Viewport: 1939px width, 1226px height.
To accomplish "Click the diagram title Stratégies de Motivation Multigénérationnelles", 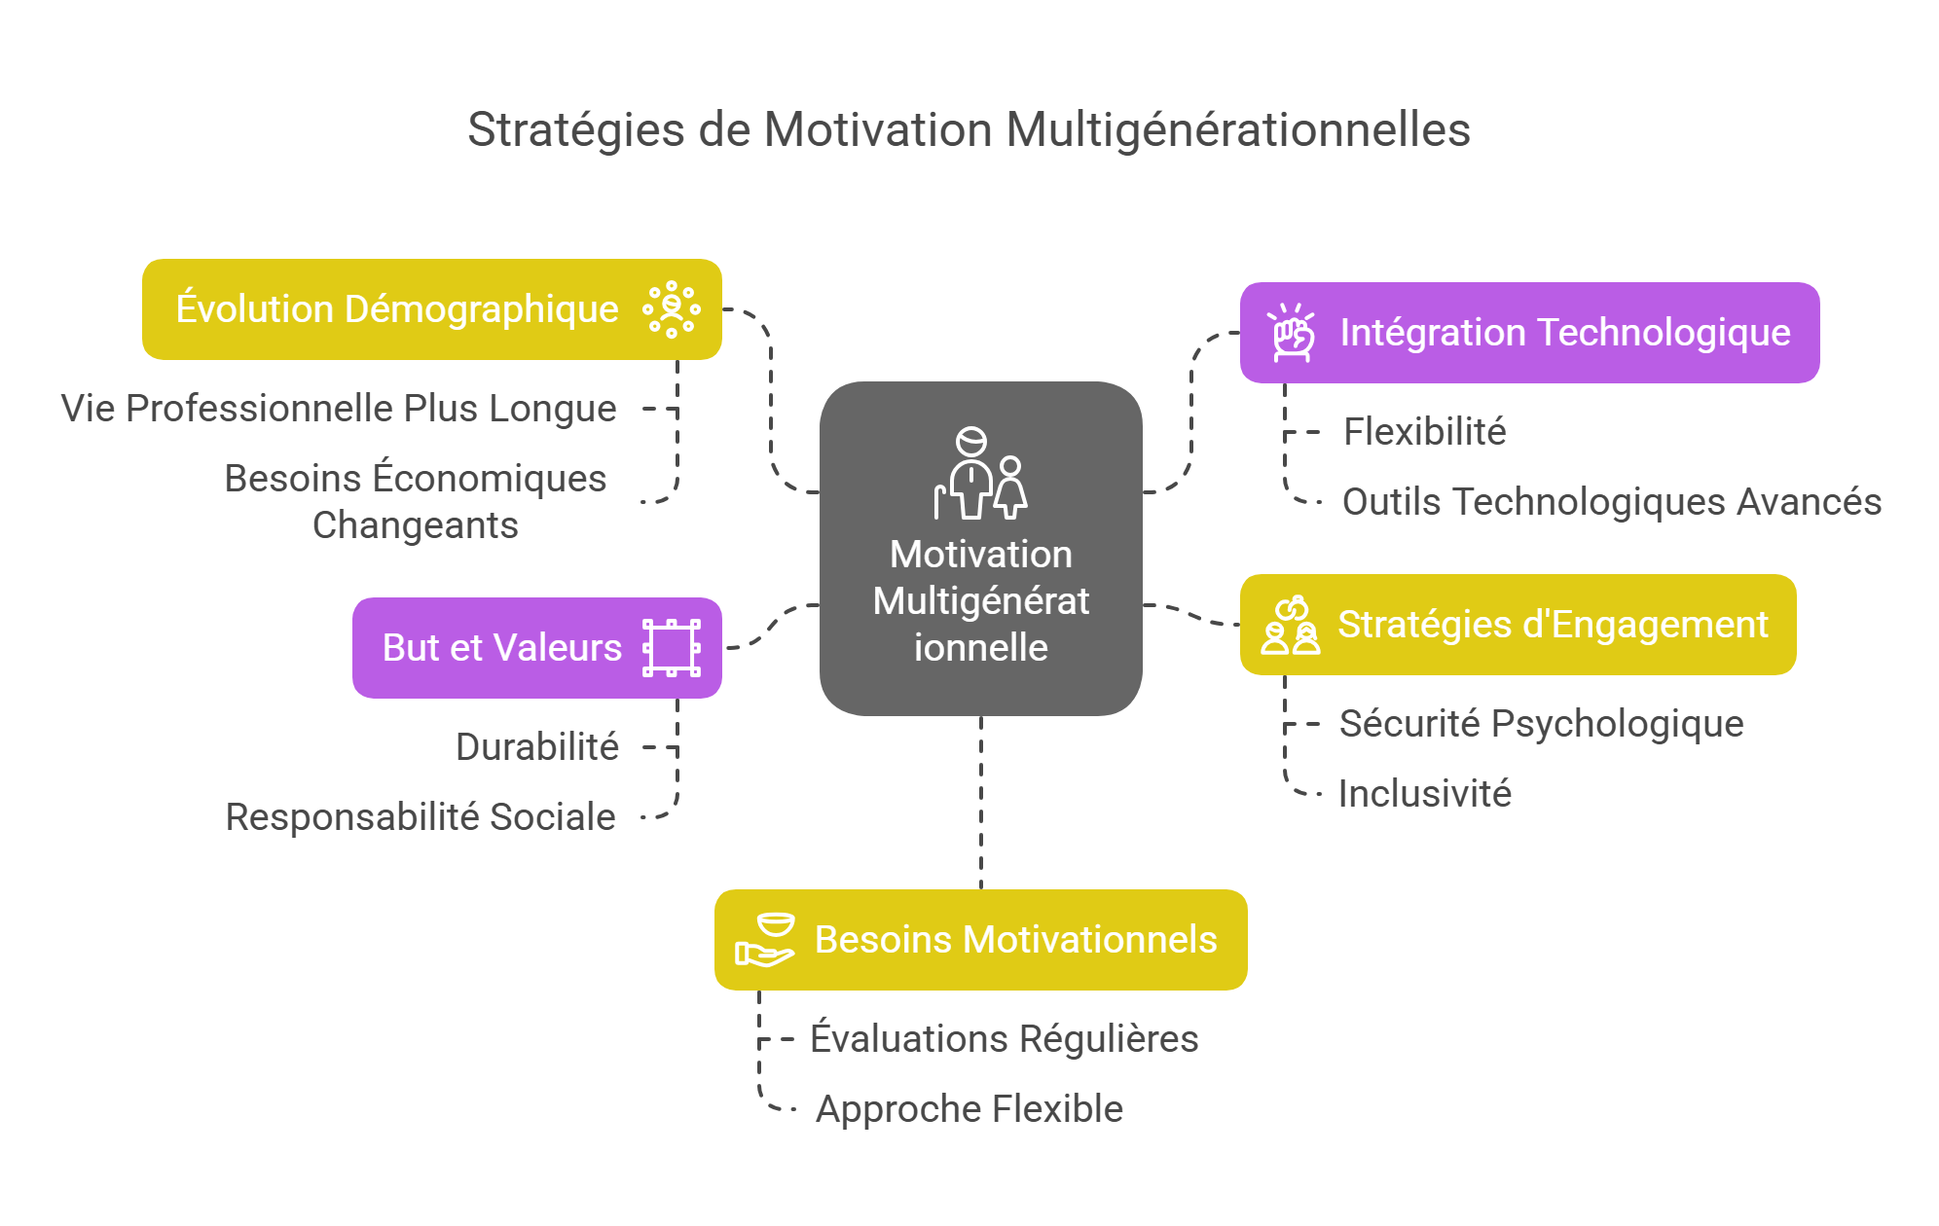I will coord(969,129).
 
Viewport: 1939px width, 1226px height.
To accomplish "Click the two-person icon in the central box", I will coord(981,474).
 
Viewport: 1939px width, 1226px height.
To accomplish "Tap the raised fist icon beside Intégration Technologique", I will coord(1293,333).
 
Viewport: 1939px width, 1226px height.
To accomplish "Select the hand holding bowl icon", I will coord(765,940).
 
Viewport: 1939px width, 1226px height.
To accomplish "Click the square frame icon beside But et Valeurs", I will coord(672,648).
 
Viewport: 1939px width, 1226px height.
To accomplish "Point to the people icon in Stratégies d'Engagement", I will coord(1291,626).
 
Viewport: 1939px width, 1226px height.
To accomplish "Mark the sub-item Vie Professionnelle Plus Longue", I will coord(339,409).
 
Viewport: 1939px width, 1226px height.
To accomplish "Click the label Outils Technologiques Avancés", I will coord(1611,502).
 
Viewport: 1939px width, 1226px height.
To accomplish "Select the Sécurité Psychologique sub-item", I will coord(1541,724).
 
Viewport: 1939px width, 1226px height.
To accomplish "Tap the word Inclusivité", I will coord(1424,794).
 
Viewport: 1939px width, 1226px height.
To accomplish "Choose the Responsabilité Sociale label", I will coord(421,817).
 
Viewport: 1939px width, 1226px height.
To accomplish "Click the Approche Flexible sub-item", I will coord(969,1109).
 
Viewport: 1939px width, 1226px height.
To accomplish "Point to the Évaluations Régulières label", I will coord(1004,1039).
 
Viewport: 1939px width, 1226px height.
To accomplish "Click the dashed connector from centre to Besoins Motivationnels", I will coord(981,803).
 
